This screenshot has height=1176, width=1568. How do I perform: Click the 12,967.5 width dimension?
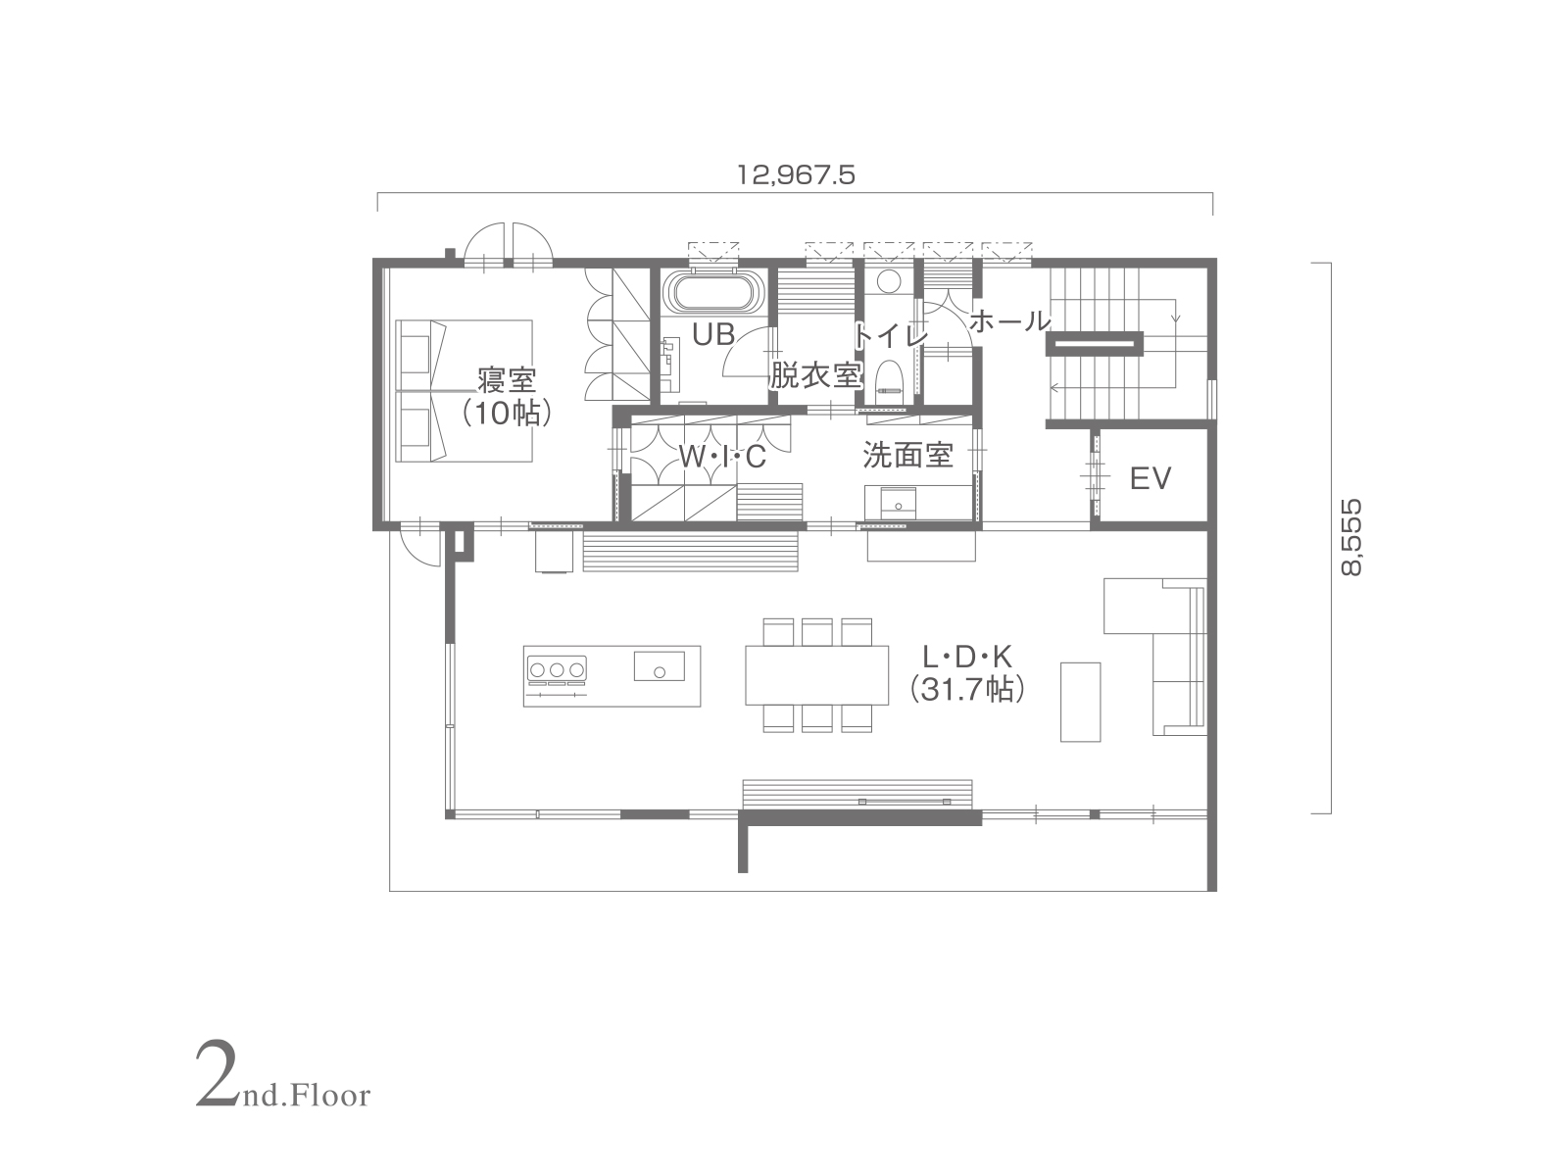pos(795,175)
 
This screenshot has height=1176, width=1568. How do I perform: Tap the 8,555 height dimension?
pos(1350,537)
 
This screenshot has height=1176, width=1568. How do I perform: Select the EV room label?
pos(1151,478)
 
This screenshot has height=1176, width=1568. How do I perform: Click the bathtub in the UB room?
pos(713,293)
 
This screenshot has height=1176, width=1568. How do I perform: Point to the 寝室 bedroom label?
pos(507,380)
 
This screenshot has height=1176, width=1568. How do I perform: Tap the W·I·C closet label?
pos(721,457)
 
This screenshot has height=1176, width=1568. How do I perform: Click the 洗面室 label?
pos(907,455)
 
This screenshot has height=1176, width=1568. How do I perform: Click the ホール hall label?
pos(1010,321)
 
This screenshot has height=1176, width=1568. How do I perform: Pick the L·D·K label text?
pos(967,657)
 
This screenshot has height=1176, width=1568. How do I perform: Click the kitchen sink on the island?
pos(659,666)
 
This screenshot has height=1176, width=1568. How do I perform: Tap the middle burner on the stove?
pos(558,669)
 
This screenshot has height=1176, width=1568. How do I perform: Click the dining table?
pos(816,675)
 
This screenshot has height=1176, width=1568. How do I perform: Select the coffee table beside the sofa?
pos(1080,702)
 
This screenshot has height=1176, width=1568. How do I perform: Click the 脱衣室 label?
pos(815,375)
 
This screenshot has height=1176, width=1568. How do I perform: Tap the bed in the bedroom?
pos(465,391)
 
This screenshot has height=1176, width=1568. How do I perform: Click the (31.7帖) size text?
pos(967,690)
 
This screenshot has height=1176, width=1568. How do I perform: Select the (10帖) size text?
pos(507,413)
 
